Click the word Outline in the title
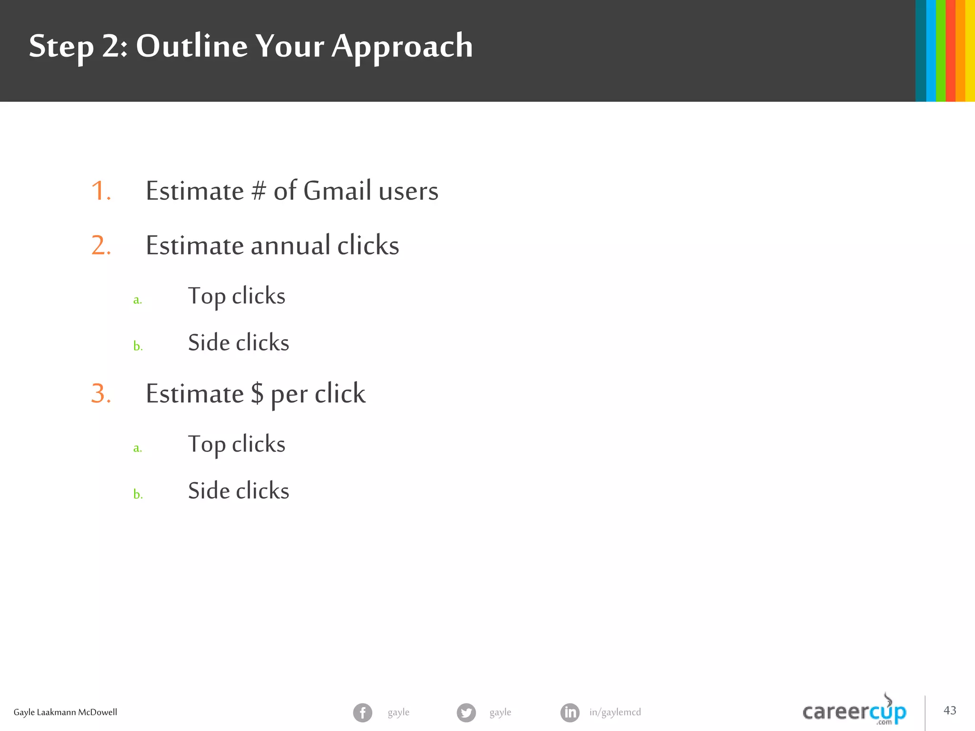pos(191,46)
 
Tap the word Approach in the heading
pos(402,47)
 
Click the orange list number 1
pos(100,191)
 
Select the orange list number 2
pos(100,246)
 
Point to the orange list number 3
pos(100,394)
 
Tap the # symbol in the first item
pos(259,191)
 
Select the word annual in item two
pos(290,246)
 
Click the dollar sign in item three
pos(257,394)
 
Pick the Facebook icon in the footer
pos(362,712)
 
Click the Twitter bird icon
pos(466,712)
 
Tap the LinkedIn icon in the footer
pos(570,712)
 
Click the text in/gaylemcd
pos(615,712)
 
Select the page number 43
pos(950,711)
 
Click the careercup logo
pos(854,711)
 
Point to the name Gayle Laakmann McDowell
pos(65,712)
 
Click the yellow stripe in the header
pos(970,50)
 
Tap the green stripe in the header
pos(941,50)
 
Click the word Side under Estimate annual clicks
pos(208,343)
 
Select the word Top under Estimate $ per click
pos(206,444)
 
